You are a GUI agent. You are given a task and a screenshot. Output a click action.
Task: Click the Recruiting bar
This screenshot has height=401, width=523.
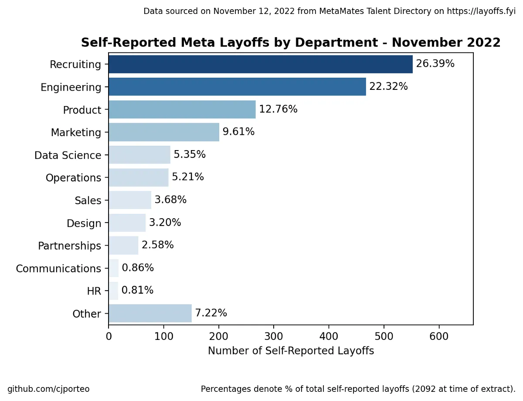[260, 64]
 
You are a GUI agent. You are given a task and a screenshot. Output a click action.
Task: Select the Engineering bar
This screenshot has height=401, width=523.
[237, 87]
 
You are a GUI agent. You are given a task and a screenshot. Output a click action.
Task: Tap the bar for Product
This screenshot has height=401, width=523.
[182, 110]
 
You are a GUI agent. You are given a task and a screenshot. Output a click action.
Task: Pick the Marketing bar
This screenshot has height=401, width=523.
[163, 132]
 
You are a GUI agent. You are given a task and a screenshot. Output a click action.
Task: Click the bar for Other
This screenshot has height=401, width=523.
[150, 313]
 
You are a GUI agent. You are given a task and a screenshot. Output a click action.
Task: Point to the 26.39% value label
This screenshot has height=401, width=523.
[435, 64]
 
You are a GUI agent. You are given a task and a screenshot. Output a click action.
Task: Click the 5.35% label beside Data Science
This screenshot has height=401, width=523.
[190, 155]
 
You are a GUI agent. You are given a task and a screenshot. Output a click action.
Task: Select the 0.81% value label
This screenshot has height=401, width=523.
[137, 291]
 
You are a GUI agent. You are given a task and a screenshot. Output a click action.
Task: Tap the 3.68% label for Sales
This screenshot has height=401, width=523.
[170, 200]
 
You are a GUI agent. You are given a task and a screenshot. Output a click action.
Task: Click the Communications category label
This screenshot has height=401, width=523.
[58, 269]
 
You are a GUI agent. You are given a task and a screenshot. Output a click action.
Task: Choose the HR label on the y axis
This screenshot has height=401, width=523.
[94, 291]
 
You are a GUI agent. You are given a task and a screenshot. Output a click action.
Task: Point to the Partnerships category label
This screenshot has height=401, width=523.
[69, 246]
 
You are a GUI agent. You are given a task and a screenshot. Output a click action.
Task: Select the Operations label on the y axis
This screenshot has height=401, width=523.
[73, 178]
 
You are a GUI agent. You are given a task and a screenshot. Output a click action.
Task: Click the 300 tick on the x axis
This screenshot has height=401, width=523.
[274, 336]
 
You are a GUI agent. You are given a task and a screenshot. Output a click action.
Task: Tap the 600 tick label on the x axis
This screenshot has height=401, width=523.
[439, 336]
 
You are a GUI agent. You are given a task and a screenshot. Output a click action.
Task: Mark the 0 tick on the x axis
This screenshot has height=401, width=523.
[109, 336]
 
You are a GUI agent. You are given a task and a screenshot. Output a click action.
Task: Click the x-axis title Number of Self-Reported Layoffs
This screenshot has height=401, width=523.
[291, 351]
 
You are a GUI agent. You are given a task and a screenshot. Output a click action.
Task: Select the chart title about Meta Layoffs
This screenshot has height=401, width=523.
[291, 43]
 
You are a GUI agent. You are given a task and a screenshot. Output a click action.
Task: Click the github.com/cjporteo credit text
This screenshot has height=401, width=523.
[48, 389]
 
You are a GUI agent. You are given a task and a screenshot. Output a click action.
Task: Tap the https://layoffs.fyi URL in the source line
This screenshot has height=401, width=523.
[481, 11]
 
